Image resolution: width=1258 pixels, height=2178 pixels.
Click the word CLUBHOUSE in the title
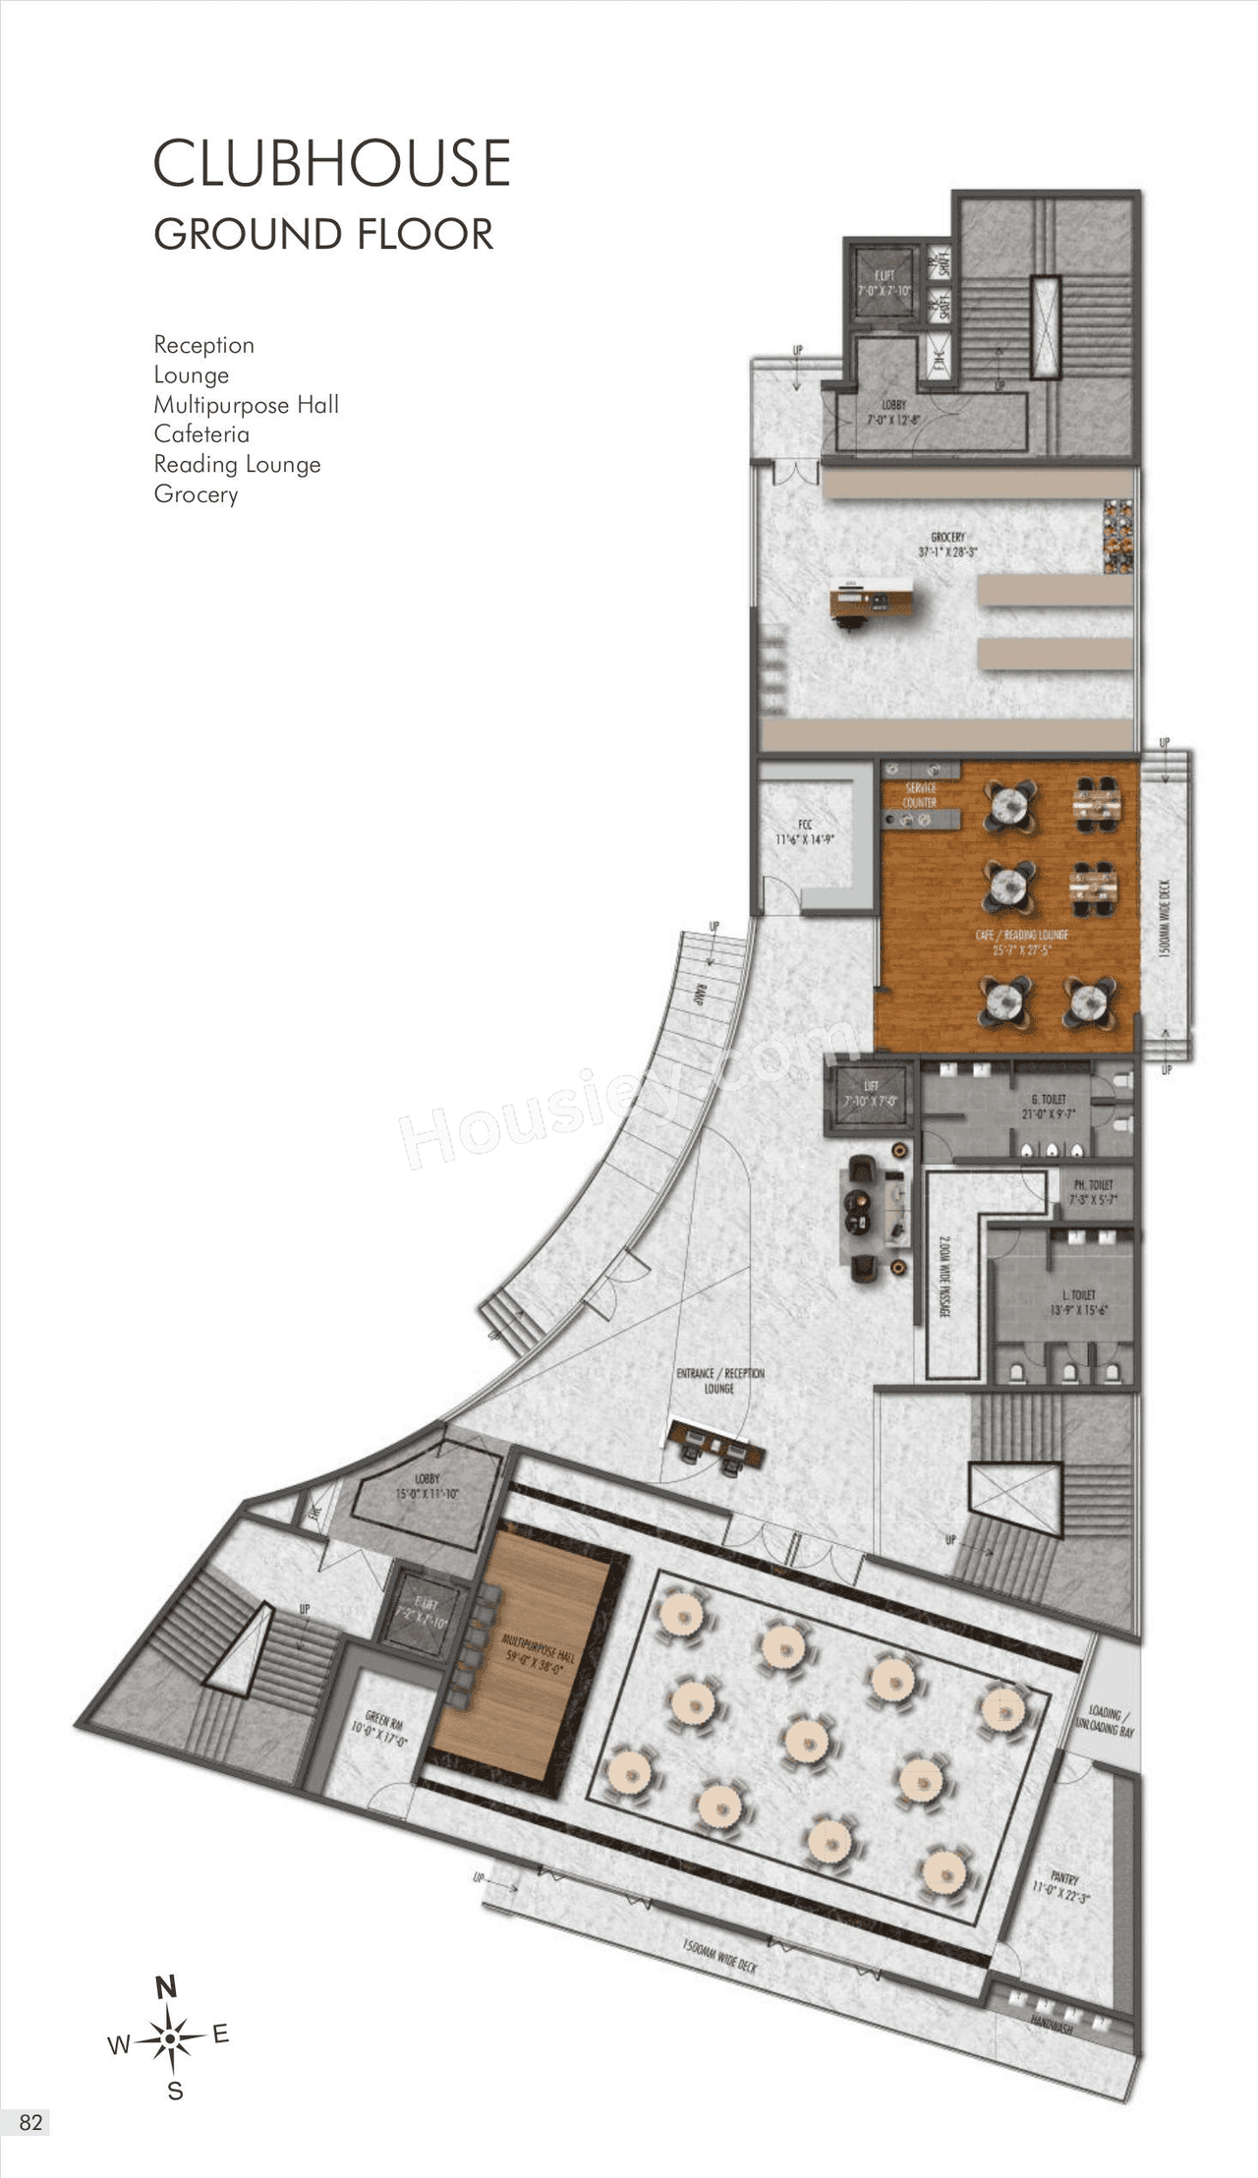coord(331,163)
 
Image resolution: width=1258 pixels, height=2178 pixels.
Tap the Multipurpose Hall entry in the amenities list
coord(246,405)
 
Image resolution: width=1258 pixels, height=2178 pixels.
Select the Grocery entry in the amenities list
coord(196,494)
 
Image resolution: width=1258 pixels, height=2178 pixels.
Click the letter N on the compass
coord(166,1986)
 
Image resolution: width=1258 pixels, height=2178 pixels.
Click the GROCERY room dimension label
coord(947,544)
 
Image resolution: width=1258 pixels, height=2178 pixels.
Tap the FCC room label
coord(805,831)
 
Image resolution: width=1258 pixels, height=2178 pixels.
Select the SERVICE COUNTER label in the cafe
coord(920,795)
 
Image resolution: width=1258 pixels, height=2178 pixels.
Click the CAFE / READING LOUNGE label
coord(1021,942)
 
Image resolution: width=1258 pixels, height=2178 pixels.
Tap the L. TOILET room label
coord(1078,1301)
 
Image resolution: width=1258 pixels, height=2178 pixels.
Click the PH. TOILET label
coord(1092,1191)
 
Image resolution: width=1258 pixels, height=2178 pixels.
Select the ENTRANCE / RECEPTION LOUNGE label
coord(719,1380)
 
